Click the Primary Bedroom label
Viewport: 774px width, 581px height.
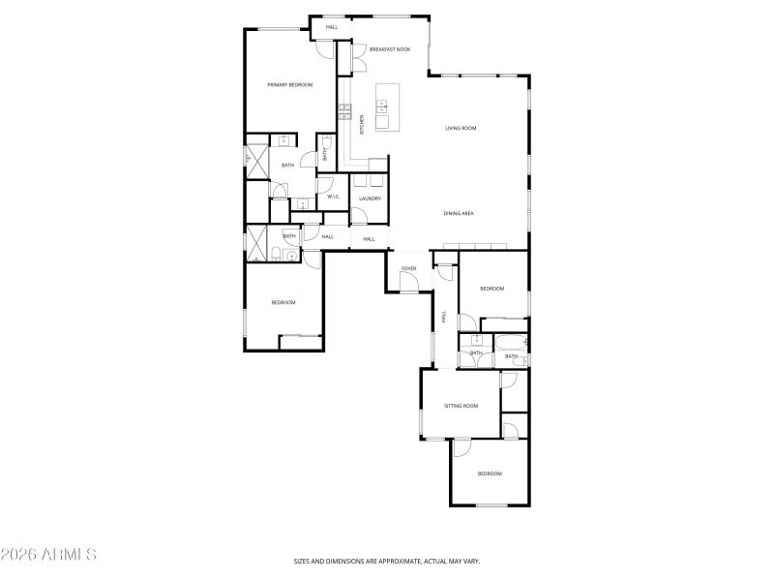click(290, 85)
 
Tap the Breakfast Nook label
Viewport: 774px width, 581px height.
click(390, 48)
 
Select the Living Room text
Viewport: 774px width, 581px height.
click(461, 128)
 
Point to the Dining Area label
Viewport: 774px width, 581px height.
click(459, 213)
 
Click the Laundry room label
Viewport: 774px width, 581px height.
click(370, 199)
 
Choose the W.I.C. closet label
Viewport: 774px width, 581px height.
click(333, 197)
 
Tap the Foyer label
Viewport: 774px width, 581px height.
click(408, 267)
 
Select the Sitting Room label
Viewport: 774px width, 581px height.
click(461, 406)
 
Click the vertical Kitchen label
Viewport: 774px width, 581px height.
click(362, 124)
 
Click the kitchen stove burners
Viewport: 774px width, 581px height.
click(342, 111)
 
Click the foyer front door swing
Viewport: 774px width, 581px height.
click(409, 282)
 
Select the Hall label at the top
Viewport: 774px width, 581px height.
click(332, 27)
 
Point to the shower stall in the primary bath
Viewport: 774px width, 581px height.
click(255, 161)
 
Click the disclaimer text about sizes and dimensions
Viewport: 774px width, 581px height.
click(387, 561)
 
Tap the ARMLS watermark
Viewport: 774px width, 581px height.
click(48, 555)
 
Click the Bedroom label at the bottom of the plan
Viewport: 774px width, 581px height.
click(490, 474)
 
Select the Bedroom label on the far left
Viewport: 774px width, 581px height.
click(283, 303)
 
